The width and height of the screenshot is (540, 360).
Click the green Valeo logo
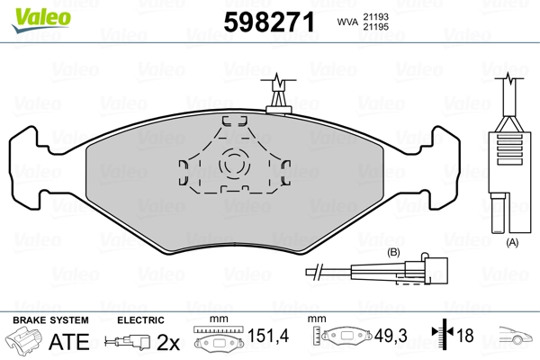click(x=41, y=20)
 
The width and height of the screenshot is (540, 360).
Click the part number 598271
click(x=269, y=22)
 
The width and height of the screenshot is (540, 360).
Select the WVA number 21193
click(x=375, y=17)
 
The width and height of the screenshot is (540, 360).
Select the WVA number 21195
click(x=375, y=27)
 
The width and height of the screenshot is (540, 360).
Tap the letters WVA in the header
click(x=347, y=22)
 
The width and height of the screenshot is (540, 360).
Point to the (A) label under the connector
click(x=512, y=242)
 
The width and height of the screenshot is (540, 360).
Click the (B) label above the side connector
click(x=393, y=253)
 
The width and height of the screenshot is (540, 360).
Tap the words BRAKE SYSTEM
click(x=50, y=320)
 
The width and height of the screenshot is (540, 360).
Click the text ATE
click(x=69, y=341)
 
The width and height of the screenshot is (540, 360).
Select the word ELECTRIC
click(x=140, y=320)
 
